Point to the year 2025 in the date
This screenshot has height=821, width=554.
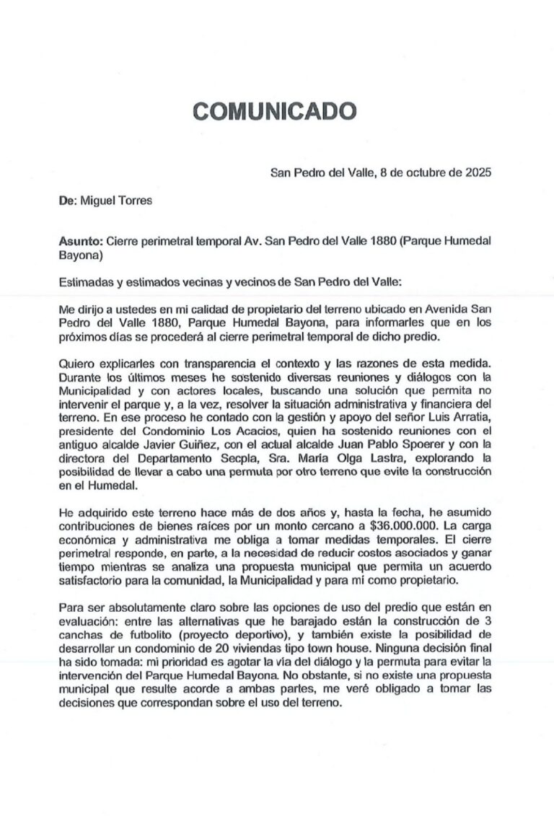[477, 172]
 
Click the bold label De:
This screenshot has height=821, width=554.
[67, 201]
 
